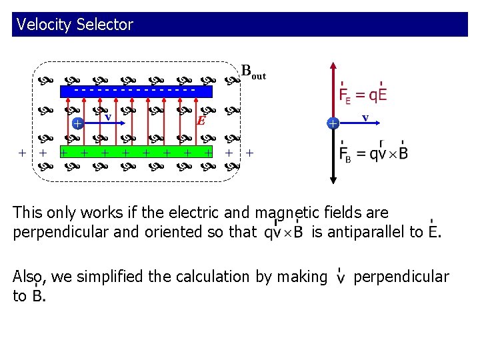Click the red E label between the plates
pyautogui.click(x=200, y=121)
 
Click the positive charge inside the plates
pyautogui.click(x=77, y=123)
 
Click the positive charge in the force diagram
pyautogui.click(x=332, y=123)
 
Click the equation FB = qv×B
pyautogui.click(x=373, y=154)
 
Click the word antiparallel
pyautogui.click(x=373, y=232)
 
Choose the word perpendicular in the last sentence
pyautogui.click(x=401, y=276)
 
